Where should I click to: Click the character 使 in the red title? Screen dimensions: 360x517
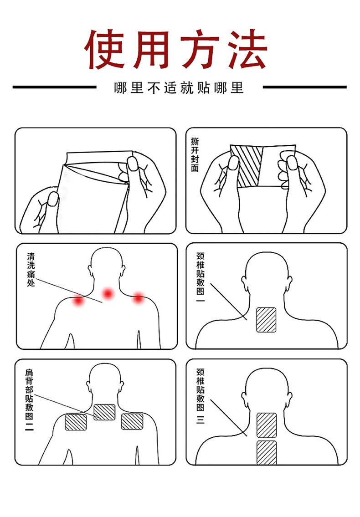pyautogui.click(x=105, y=50)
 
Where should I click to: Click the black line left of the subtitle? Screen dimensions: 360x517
pyautogui.click(x=54, y=87)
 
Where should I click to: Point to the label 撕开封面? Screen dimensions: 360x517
pyautogui.click(x=195, y=154)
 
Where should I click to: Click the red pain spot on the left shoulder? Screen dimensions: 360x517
pyautogui.click(x=78, y=300)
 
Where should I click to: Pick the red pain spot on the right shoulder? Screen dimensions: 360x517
pyautogui.click(x=138, y=298)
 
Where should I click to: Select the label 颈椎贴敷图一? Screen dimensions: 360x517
pyautogui.click(x=201, y=277)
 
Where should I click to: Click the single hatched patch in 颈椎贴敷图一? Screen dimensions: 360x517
pyautogui.click(x=266, y=320)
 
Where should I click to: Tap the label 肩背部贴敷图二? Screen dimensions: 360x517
pyautogui.click(x=29, y=400)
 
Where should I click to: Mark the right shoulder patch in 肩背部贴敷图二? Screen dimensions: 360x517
pyautogui.click(x=132, y=421)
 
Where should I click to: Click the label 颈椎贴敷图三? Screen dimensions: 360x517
pyautogui.click(x=201, y=396)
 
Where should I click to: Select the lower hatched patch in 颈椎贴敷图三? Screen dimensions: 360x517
pyautogui.click(x=267, y=452)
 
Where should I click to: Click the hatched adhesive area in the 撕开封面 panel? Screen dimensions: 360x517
pyautogui.click(x=247, y=167)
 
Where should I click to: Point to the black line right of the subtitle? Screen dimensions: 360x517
pyautogui.click(x=304, y=87)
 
